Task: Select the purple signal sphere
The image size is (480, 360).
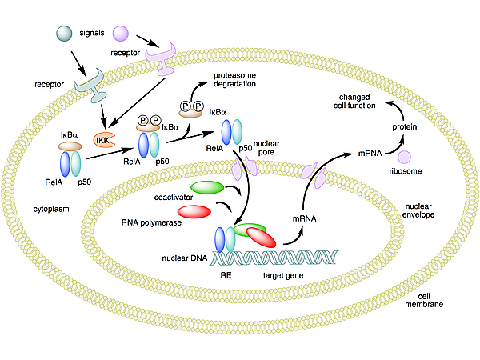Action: (121, 33)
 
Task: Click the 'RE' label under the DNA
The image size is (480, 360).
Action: (226, 275)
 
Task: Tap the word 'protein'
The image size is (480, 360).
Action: (405, 128)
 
